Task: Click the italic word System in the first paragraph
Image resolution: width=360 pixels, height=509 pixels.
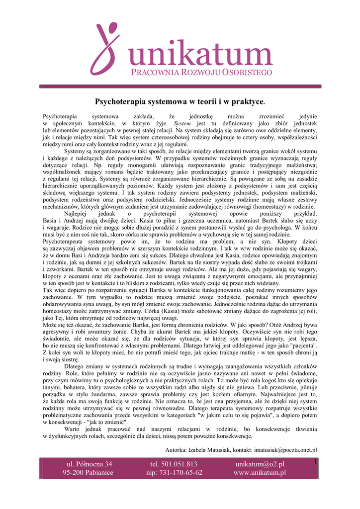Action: coord(182,123)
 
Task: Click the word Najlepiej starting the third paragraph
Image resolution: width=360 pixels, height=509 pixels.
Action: coord(77,213)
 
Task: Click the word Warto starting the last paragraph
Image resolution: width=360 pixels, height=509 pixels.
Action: coord(74,429)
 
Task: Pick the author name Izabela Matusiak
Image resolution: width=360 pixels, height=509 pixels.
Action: coord(210,450)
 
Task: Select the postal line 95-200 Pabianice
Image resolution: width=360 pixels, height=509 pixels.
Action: coord(88,473)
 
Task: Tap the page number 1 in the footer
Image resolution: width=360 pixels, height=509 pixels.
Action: coord(315,463)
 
